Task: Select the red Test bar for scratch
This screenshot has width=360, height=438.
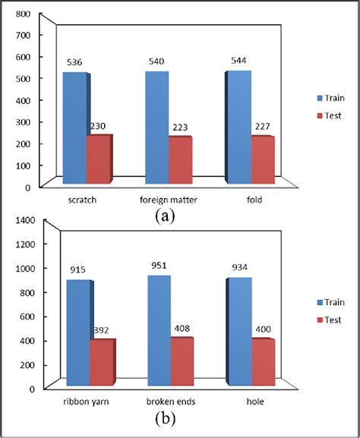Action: tap(99, 159)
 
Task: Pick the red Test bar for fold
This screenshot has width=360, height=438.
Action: tap(261, 160)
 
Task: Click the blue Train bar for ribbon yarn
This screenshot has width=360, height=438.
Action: tap(77, 333)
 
